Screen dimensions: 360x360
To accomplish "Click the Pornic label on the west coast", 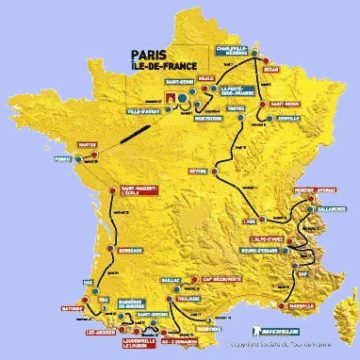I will pos(65,158).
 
